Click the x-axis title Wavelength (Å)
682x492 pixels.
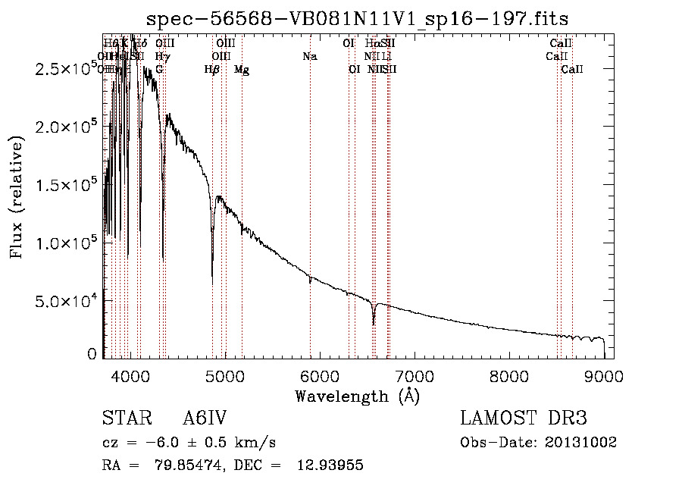[x=357, y=396]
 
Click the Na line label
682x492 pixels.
[x=309, y=57]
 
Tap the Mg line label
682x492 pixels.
[x=242, y=70]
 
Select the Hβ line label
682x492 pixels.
[x=212, y=70]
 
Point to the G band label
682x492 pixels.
[x=159, y=70]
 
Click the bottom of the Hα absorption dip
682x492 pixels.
[x=373, y=324]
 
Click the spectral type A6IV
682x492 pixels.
[x=205, y=419]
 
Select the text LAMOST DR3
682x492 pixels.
[x=524, y=419]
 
